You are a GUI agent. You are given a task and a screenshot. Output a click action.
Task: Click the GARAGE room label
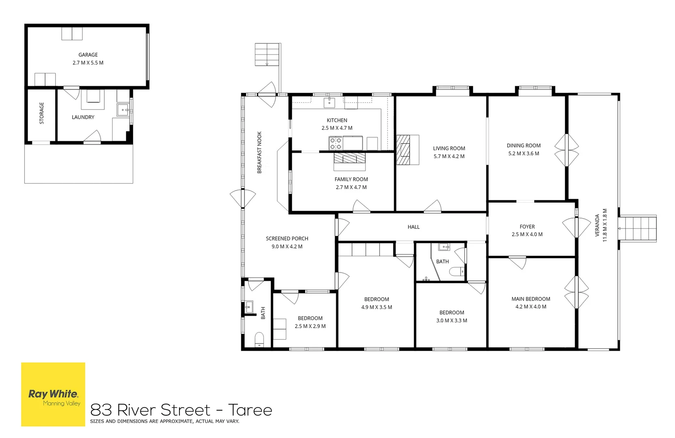[88, 55]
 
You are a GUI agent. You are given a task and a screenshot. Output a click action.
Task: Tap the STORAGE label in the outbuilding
[41, 113]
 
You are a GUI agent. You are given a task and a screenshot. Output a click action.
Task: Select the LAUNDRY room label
[83, 117]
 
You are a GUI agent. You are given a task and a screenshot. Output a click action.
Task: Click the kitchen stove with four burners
[336, 143]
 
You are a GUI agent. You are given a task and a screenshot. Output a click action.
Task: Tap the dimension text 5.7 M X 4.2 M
[449, 156]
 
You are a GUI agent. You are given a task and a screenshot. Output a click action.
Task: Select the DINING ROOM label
[524, 146]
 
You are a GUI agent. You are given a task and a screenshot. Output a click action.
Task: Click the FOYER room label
[527, 227]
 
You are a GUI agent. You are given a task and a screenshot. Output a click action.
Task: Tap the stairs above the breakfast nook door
[267, 55]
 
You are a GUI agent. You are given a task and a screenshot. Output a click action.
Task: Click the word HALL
[413, 227]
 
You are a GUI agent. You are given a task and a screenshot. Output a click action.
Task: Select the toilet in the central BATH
[458, 272]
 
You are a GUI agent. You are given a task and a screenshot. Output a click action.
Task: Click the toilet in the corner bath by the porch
[259, 339]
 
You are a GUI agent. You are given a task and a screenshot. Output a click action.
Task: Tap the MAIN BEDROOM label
[531, 299]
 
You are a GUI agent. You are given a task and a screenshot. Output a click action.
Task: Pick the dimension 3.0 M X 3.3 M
[451, 320]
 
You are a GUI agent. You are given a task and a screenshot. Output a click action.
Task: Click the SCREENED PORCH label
[287, 238]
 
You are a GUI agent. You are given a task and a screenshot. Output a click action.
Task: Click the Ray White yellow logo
[53, 394]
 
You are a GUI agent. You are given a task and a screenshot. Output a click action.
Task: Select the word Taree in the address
[250, 410]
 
